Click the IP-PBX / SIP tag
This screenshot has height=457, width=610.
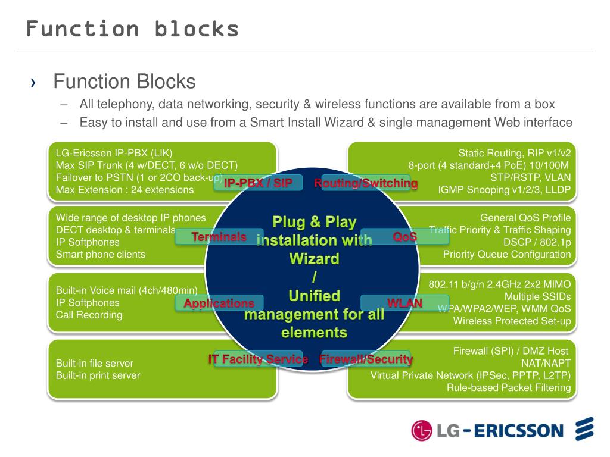258,183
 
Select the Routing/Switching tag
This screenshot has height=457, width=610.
366,183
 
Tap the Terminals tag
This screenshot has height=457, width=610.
219,237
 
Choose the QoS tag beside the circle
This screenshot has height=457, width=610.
404,237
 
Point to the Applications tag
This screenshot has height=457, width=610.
219,303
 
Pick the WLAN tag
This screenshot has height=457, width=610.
404,303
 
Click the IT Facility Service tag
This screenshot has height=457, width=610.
258,359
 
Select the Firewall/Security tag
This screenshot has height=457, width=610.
366,359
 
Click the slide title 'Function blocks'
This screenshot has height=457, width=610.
132,29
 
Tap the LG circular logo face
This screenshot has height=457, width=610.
422,431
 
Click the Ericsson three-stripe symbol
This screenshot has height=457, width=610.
584,430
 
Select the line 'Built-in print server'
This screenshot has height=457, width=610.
98,375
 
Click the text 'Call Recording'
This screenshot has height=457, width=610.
89,315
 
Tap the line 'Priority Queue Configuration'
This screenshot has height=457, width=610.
507,255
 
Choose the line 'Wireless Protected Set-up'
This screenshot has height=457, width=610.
512,321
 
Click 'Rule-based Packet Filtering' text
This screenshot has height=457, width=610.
509,388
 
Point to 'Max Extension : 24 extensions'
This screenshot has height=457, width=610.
125,190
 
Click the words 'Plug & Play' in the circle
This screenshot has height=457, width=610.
315,223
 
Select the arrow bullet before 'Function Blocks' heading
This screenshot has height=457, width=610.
33,83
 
